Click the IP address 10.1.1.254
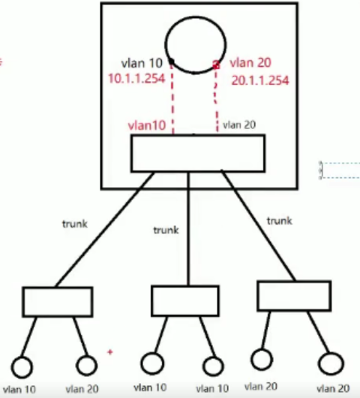click(x=136, y=78)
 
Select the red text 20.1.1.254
click(x=260, y=80)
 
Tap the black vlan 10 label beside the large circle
click(x=142, y=63)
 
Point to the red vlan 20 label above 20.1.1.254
click(x=250, y=62)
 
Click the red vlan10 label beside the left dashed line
click(x=147, y=125)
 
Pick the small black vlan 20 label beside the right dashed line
click(x=239, y=125)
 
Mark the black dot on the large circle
click(x=172, y=62)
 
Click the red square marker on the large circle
click(x=216, y=65)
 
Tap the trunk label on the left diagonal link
click(x=75, y=224)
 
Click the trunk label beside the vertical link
click(x=166, y=230)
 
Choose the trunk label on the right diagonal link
click(x=280, y=221)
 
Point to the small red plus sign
click(x=110, y=352)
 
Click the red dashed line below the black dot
click(x=172, y=99)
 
